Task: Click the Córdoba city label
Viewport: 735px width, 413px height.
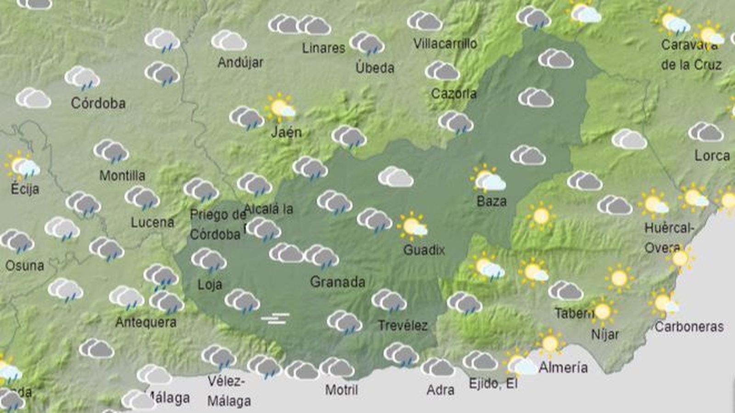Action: [98, 103]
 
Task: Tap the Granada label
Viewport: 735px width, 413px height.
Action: [338, 282]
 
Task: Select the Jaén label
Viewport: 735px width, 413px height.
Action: [286, 132]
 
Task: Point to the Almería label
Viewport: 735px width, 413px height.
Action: [563, 368]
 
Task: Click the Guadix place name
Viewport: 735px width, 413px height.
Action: [424, 250]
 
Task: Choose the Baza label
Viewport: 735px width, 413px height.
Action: [492, 201]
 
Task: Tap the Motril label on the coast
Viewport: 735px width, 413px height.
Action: [341, 390]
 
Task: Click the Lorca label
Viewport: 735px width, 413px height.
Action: [712, 156]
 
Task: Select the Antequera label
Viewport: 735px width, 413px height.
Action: [146, 322]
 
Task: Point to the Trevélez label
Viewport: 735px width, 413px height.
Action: [402, 326]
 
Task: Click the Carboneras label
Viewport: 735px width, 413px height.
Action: [689, 327]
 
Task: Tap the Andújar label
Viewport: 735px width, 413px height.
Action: [240, 62]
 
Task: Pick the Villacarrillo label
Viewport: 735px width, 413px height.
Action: [445, 44]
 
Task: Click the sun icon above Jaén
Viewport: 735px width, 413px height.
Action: [280, 108]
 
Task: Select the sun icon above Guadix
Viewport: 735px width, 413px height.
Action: [412, 226]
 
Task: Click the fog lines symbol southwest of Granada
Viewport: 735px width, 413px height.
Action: [275, 318]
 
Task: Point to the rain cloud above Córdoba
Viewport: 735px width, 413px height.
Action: [82, 78]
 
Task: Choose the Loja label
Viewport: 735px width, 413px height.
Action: [210, 285]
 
